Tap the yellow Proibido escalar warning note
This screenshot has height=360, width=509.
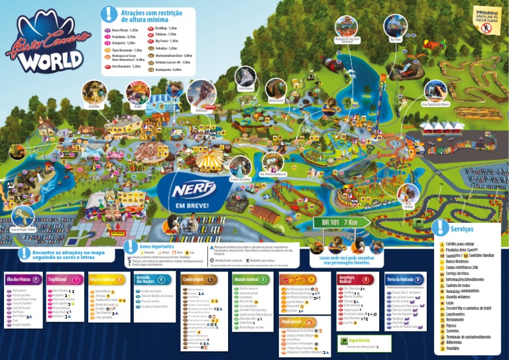coord(486,16)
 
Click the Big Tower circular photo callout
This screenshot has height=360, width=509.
coord(396,26)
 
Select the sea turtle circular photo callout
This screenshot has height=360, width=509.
coord(24,215)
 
